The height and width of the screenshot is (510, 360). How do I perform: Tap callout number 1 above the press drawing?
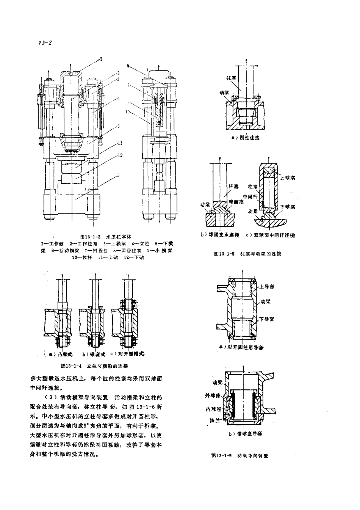tap(101, 59)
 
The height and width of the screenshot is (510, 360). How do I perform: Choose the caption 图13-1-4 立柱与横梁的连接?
tap(94, 366)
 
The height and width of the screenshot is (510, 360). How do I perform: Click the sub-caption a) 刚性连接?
tap(246, 138)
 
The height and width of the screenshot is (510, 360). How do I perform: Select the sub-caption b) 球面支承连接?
tap(220, 235)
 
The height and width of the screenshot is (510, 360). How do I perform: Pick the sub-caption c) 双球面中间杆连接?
tap(270, 235)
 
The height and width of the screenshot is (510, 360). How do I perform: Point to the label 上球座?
tap(288, 178)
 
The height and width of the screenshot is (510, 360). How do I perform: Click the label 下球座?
tap(288, 207)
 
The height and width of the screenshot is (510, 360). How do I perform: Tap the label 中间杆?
tap(250, 197)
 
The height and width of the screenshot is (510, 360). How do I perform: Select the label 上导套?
tap(267, 287)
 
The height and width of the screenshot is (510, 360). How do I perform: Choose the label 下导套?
tap(267, 319)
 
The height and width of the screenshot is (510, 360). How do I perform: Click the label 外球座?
tap(213, 395)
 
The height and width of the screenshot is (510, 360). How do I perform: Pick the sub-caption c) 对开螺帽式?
tap(127, 354)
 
